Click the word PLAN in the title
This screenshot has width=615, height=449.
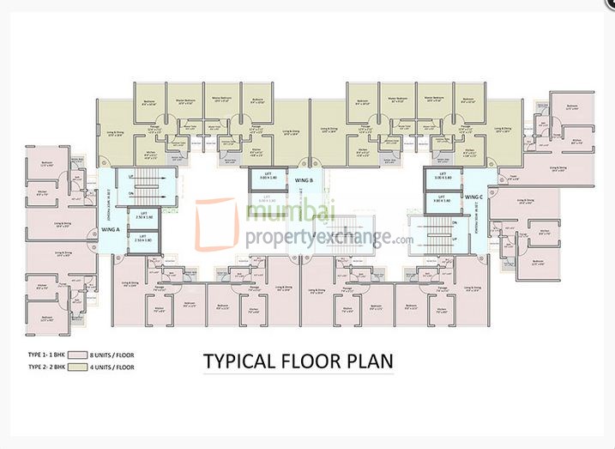pyautogui.click(x=369, y=361)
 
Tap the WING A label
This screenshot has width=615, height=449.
pyautogui.click(x=110, y=230)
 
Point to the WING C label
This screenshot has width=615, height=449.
pyautogui.click(x=474, y=197)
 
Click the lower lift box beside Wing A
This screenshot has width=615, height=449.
pyautogui.click(x=143, y=239)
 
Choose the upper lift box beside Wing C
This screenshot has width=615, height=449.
pyautogui.click(x=443, y=179)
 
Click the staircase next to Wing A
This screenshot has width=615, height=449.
pyautogui.click(x=151, y=184)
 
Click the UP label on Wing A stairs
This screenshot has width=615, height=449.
pyautogui.click(x=131, y=177)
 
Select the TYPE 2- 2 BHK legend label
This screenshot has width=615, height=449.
pyautogui.click(x=45, y=367)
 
